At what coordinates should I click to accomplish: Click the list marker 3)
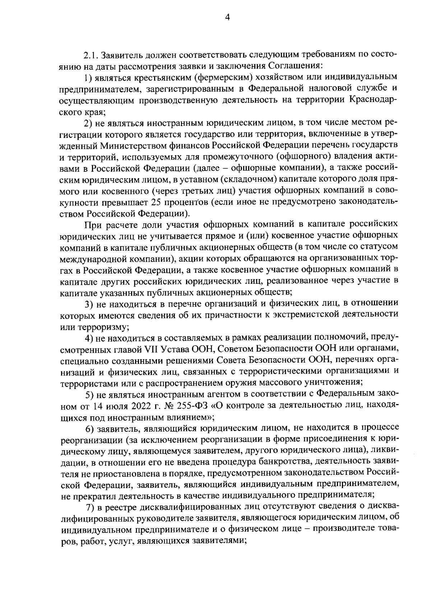click(x=89, y=304)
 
